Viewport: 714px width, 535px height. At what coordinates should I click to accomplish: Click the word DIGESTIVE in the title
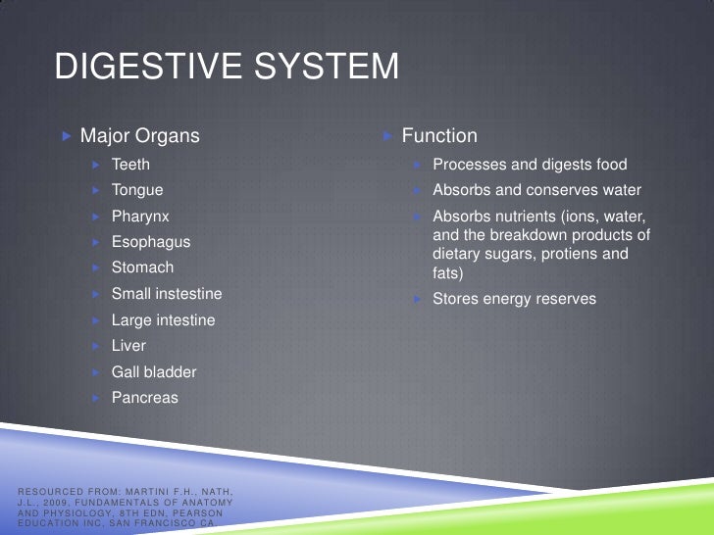pyautogui.click(x=137, y=68)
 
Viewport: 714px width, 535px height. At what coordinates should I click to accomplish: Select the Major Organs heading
pyautogui.click(x=139, y=136)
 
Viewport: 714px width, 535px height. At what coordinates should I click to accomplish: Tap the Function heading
pyautogui.click(x=439, y=136)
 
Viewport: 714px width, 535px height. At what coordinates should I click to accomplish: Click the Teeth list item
pyautogui.click(x=130, y=165)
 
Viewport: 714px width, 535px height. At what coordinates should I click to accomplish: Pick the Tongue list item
pyautogui.click(x=137, y=190)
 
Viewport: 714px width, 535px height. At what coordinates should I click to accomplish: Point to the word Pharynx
pyautogui.click(x=140, y=217)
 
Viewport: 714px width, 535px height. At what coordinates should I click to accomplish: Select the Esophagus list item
pyautogui.click(x=151, y=242)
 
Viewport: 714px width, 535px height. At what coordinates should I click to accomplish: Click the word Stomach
pyautogui.click(x=142, y=267)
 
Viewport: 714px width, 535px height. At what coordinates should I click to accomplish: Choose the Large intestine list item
pyautogui.click(x=163, y=320)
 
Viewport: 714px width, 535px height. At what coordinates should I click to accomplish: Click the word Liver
pyautogui.click(x=128, y=346)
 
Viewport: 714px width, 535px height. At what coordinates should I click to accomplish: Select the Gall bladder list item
pyautogui.click(x=154, y=372)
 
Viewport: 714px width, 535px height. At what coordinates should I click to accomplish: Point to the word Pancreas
pyautogui.click(x=145, y=398)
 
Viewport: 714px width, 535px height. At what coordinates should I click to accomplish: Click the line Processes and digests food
pyautogui.click(x=530, y=165)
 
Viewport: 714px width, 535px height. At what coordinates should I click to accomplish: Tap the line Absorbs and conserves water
pyautogui.click(x=536, y=190)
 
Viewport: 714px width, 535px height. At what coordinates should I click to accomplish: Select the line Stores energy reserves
pyautogui.click(x=514, y=299)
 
